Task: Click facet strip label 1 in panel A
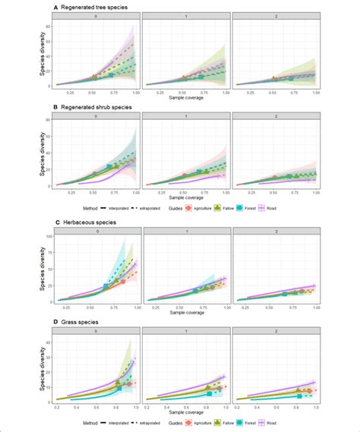tap(184, 16)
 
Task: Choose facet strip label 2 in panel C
tap(274, 231)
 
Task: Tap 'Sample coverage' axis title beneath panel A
tap(184, 99)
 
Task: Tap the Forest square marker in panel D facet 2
tap(300, 396)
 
